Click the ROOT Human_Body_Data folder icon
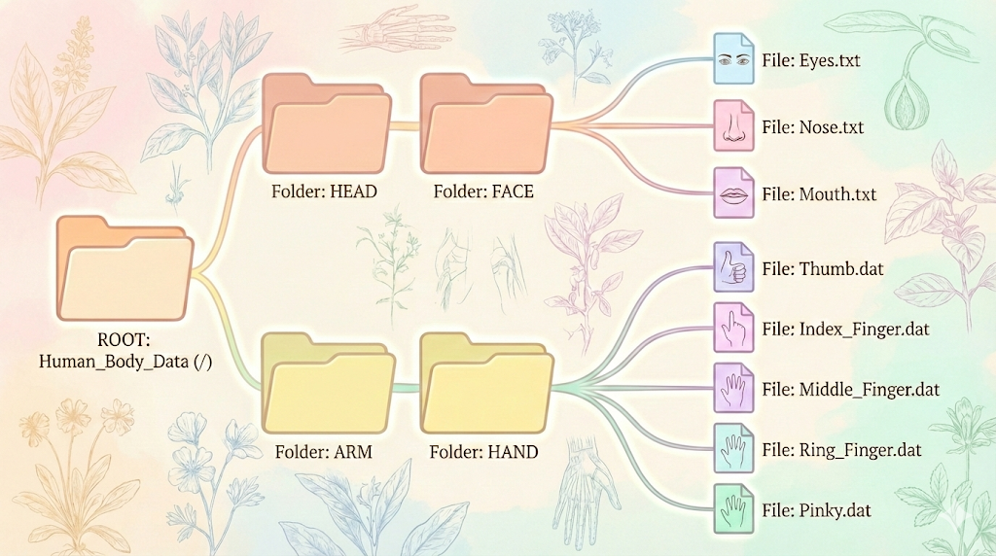[122, 269]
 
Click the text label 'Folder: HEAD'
[324, 191]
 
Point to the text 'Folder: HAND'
[484, 452]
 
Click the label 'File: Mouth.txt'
[819, 194]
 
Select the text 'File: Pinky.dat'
[818, 509]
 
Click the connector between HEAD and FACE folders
[406, 124]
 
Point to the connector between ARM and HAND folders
[407, 387]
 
